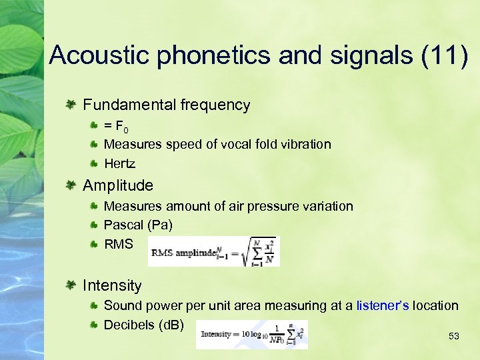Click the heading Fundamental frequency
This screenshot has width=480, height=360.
click(167, 105)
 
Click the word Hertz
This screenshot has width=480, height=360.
click(120, 163)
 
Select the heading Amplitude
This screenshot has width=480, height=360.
click(118, 185)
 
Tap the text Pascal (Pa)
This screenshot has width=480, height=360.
click(138, 225)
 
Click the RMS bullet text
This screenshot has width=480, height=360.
click(119, 245)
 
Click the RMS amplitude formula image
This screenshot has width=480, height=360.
click(213, 251)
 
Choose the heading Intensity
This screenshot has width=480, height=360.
click(112, 285)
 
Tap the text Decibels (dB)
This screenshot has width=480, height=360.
click(144, 325)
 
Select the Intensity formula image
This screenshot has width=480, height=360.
click(253, 333)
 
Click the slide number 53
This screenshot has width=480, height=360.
click(454, 337)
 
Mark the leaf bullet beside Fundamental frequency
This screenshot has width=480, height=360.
click(70, 105)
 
